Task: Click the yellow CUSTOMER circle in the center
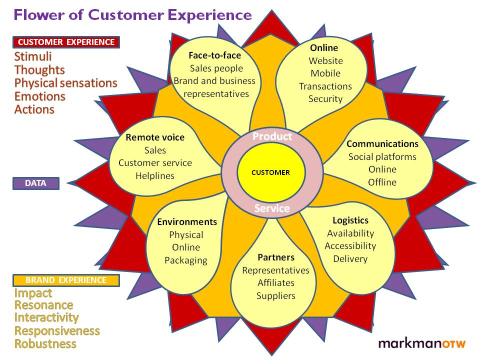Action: pos(270,172)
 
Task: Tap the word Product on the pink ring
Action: pos(272,136)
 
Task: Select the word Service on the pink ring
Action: pos(272,208)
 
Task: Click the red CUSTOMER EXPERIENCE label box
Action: pos(66,42)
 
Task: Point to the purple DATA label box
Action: pos(35,183)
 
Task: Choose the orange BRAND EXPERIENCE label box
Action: pos(66,280)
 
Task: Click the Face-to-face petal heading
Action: pos(214,55)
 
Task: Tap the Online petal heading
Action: pos(324,48)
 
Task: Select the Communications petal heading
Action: pos(382,144)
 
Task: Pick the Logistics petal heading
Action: pos(350,220)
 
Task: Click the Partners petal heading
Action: pos(275,257)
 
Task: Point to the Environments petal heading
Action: pos(187,222)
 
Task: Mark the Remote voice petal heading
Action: pos(155,137)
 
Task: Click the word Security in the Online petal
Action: pos(325,99)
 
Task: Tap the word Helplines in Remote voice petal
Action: pos(155,175)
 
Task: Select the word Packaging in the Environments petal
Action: pos(186,260)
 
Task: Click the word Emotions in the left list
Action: pos(40,96)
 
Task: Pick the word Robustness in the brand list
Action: pos(45,344)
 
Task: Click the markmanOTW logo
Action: pos(422,343)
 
